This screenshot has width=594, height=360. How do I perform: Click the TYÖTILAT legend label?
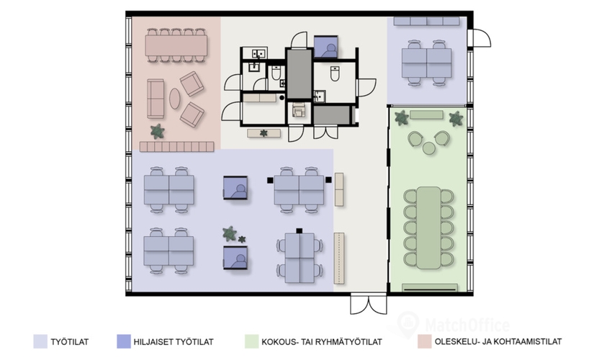tap(70, 342)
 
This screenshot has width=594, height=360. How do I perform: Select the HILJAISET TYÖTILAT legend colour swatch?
tap(124, 341)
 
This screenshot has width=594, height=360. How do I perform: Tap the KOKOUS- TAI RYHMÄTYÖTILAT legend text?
tap(322, 342)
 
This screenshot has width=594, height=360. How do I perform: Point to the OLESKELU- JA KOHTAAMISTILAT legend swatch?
tap(425, 341)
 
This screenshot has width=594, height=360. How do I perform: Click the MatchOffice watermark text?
tap(467, 325)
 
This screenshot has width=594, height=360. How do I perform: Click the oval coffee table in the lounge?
tap(175, 99)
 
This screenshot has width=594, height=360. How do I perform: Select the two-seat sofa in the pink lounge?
tap(156, 99)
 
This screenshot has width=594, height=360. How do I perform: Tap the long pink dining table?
tap(176, 45)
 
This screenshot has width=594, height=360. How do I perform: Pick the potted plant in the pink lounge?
tap(157, 132)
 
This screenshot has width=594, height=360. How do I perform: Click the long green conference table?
tap(429, 228)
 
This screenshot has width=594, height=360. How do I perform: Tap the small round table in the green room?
tap(429, 148)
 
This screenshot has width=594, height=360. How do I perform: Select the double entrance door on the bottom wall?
tap(369, 303)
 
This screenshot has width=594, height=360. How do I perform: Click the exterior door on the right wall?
tap(480, 38)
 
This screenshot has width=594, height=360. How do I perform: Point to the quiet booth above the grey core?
tap(325, 47)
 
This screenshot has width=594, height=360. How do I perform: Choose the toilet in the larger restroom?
tap(335, 73)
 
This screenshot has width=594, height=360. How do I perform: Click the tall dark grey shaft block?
tap(300, 74)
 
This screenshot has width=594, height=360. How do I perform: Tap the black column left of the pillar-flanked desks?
tap(270, 181)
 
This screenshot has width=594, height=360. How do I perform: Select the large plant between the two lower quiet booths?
tap(230, 233)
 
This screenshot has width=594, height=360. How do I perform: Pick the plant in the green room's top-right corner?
tap(456, 119)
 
